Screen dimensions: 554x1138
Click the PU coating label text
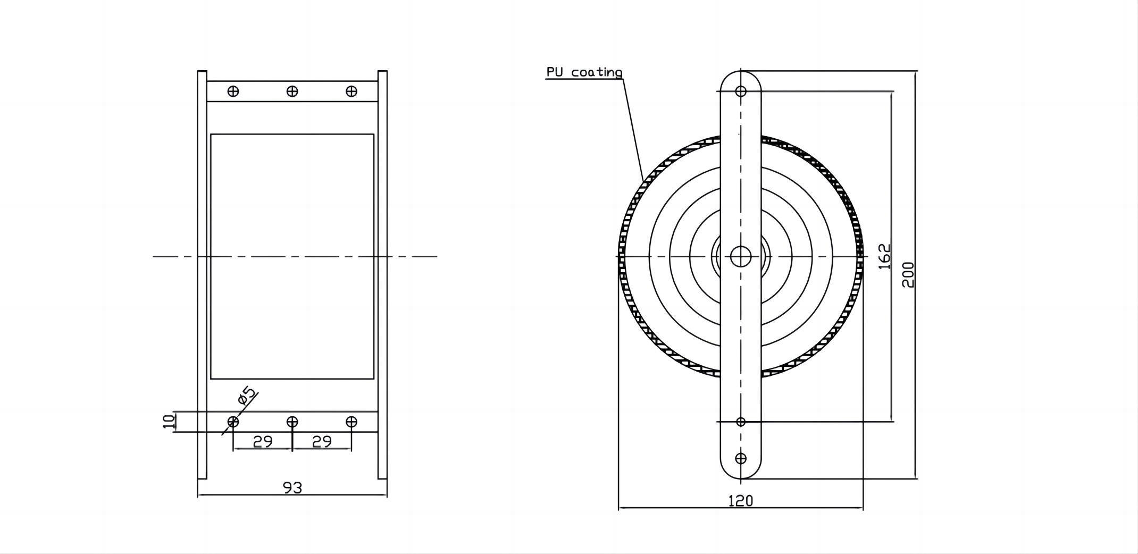[584, 72]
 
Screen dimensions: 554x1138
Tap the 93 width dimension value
[292, 488]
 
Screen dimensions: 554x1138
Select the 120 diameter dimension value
[740, 500]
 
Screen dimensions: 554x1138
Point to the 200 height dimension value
[908, 274]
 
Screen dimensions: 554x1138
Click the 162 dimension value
[884, 256]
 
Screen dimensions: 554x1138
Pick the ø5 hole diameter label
[247, 396]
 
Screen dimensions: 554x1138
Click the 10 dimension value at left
[169, 422]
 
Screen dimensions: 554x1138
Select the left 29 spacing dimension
[263, 442]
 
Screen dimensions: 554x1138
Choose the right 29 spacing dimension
[322, 442]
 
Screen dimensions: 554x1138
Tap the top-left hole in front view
[233, 91]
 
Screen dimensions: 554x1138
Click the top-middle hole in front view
[292, 91]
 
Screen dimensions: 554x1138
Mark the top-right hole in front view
[351, 91]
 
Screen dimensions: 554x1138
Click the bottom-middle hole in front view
[292, 422]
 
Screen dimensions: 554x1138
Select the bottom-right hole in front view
[351, 422]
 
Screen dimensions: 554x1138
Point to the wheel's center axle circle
[741, 257]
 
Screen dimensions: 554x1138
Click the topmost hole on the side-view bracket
[741, 91]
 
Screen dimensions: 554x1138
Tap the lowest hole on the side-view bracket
[741, 458]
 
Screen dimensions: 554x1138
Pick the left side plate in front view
[202, 274]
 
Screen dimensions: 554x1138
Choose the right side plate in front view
[382, 274]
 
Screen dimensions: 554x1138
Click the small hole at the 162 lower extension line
[741, 422]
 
